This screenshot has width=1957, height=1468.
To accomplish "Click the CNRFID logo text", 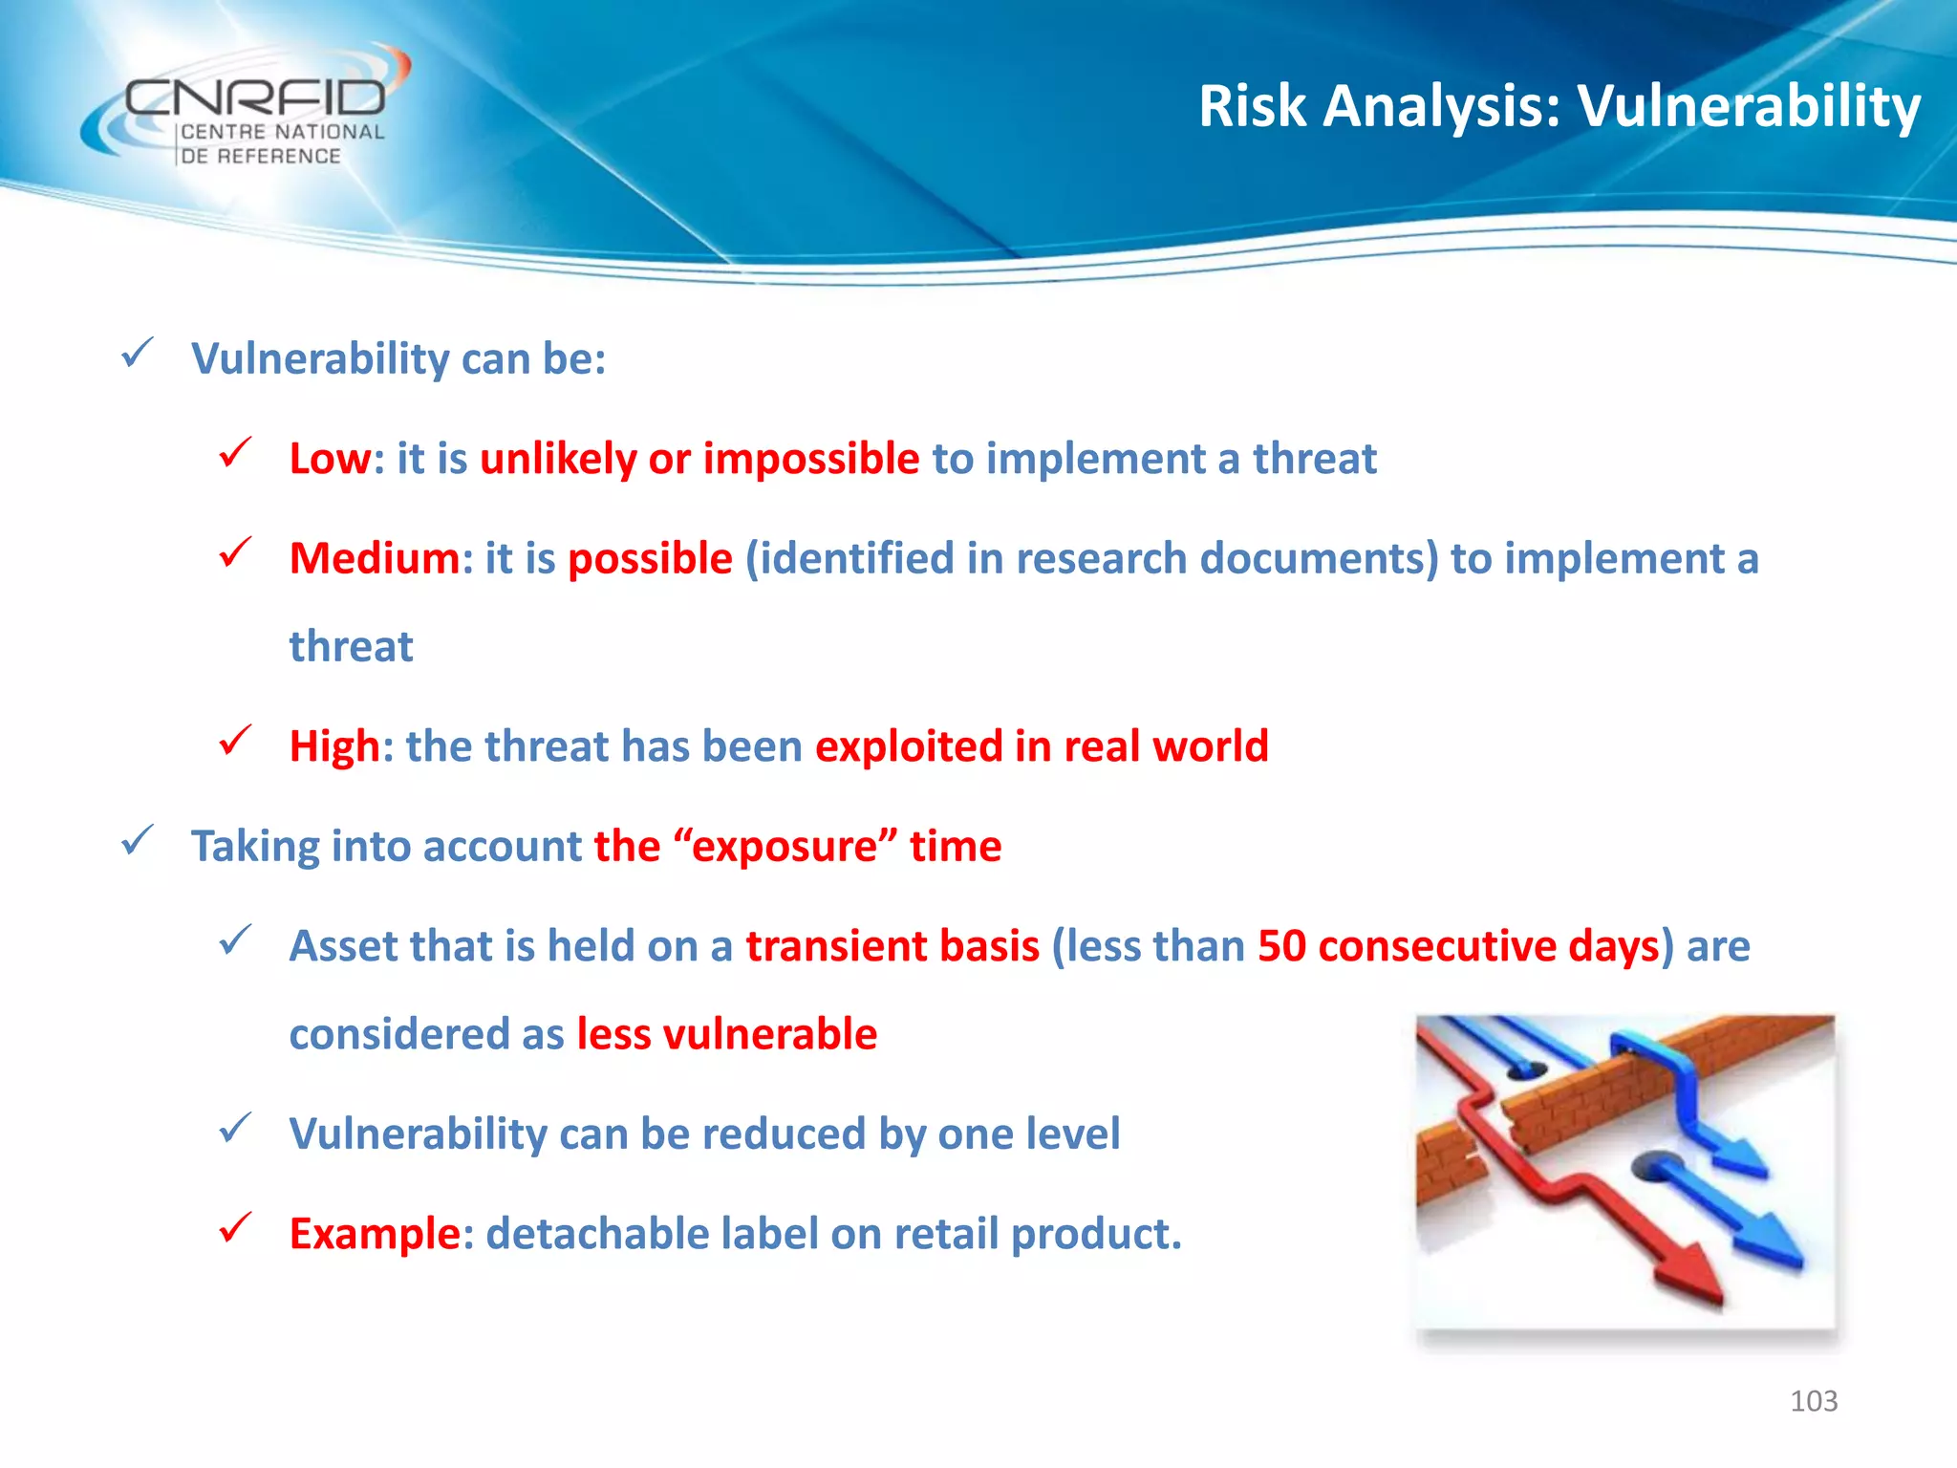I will coord(255,97).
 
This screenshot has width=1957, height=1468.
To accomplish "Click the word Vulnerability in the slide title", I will coord(1748,106).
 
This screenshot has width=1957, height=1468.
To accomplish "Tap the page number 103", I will coord(1813,1401).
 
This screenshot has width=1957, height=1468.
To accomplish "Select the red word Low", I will coord(330,459).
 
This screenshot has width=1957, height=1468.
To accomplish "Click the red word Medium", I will coord(375,558).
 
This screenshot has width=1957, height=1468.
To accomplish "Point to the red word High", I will coord(334,746).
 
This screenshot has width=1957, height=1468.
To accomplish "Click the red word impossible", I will coord(811,459).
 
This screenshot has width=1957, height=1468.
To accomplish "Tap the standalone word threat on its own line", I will coord(351,647).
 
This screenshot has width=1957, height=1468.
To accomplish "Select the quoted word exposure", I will coord(784,847).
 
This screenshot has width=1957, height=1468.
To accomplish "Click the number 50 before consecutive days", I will coord(1281,946).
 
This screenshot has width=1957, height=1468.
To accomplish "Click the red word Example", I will coord(375,1234).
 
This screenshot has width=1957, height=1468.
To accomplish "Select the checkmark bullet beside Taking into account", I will coord(138,842).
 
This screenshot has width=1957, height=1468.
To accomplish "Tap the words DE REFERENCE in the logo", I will coord(261,156).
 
